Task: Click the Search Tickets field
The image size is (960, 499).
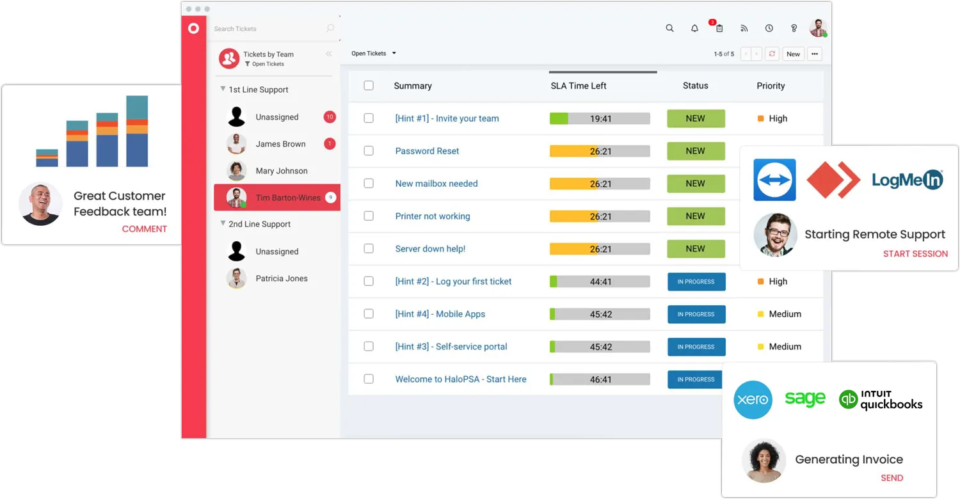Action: tap(269, 29)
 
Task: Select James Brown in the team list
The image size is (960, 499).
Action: tap(280, 144)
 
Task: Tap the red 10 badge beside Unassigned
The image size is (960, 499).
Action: tap(330, 117)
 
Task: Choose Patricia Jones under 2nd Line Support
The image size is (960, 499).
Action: tap(281, 278)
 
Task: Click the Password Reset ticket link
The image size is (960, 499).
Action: tap(427, 151)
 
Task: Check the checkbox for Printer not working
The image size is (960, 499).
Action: tap(369, 216)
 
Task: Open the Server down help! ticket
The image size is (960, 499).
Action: tap(430, 249)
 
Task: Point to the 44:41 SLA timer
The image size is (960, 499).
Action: tap(600, 281)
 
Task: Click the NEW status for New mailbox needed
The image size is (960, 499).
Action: tap(696, 184)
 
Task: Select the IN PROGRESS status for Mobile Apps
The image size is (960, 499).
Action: tap(696, 314)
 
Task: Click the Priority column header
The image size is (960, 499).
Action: tap(771, 86)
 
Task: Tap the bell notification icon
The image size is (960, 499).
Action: tap(694, 28)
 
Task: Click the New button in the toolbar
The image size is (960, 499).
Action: tap(793, 54)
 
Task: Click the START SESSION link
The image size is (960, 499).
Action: tap(915, 254)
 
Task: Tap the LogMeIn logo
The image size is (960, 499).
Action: tap(907, 180)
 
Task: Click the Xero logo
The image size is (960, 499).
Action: tap(753, 400)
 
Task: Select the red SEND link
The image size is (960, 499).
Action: tap(892, 478)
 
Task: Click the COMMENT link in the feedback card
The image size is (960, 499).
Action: tap(144, 229)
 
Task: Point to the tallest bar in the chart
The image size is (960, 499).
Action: tap(137, 131)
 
